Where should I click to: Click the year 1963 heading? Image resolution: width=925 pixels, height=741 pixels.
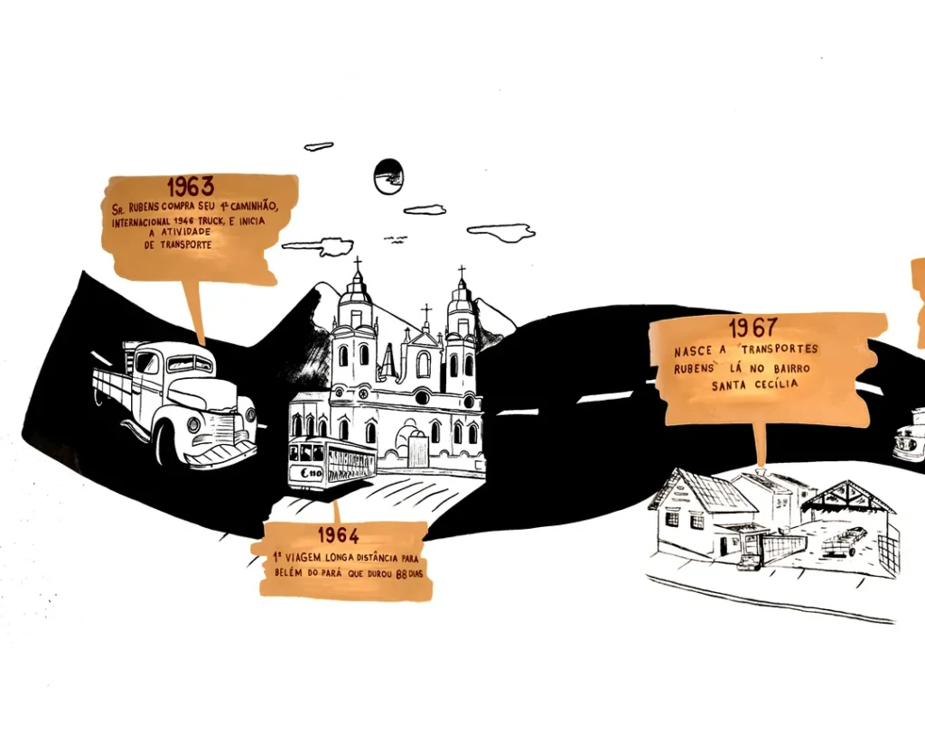point(190,187)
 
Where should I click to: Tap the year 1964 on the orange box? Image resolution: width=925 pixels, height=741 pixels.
point(338,534)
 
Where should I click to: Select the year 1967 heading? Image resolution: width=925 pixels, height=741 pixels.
point(752,328)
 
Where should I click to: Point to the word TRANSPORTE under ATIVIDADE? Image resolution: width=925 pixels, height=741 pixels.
point(178,245)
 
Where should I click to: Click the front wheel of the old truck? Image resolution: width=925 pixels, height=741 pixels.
point(166,443)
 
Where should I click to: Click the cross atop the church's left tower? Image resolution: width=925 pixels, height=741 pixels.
point(357,265)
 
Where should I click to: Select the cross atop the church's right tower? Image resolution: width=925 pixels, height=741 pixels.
point(462,272)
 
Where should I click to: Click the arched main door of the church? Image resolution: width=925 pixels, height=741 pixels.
point(418,449)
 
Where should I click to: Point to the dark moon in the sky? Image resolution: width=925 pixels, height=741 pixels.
point(388,176)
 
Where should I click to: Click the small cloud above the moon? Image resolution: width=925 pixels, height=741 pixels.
point(319,146)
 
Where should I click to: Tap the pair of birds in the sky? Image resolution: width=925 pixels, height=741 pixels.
point(395,238)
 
